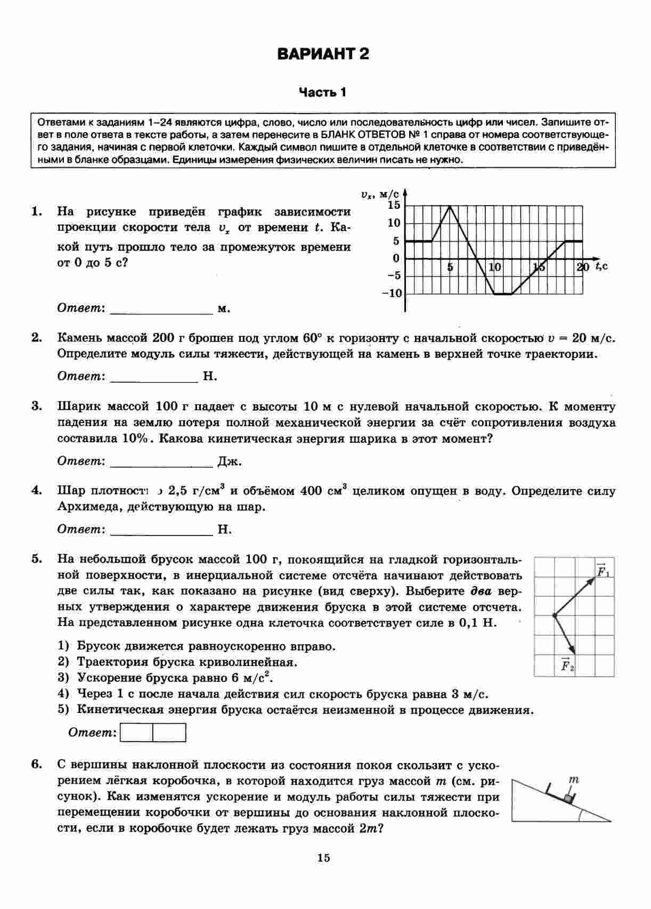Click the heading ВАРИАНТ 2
[323, 54]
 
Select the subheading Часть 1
[322, 93]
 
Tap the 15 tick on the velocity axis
[394, 205]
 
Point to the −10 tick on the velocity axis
[392, 294]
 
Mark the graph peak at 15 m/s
[450, 206]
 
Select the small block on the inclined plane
[569, 798]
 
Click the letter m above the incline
[573, 780]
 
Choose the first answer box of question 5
[137, 733]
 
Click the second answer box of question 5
[169, 733]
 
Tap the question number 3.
[36, 406]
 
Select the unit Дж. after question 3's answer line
[230, 461]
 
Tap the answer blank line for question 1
[161, 313]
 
